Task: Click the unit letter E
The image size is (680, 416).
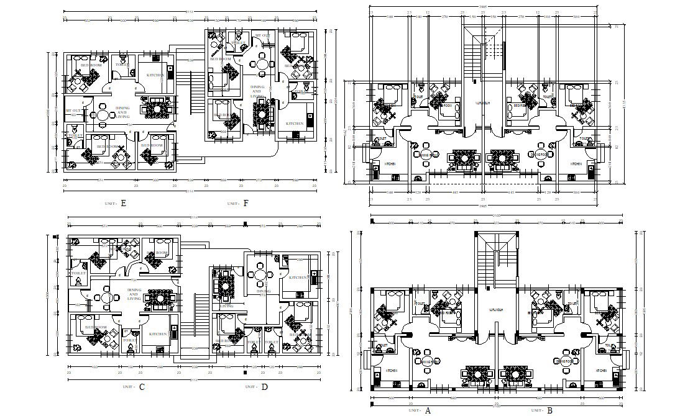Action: point(124,203)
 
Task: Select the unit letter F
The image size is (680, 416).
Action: point(246,203)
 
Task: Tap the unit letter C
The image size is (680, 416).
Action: point(142,387)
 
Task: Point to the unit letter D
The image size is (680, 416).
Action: point(265,387)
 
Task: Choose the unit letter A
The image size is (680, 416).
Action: point(428,410)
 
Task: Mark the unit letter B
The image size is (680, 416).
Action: point(549,410)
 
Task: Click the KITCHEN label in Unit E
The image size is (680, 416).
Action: point(155,75)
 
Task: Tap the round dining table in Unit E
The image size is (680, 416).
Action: point(103,114)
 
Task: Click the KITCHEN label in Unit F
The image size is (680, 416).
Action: point(295,124)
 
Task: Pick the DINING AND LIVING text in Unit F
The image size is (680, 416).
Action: point(257,92)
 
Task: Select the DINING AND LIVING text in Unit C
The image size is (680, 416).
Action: point(134,294)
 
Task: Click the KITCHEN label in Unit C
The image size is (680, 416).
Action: point(158,334)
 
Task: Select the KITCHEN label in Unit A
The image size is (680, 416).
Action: point(392,371)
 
